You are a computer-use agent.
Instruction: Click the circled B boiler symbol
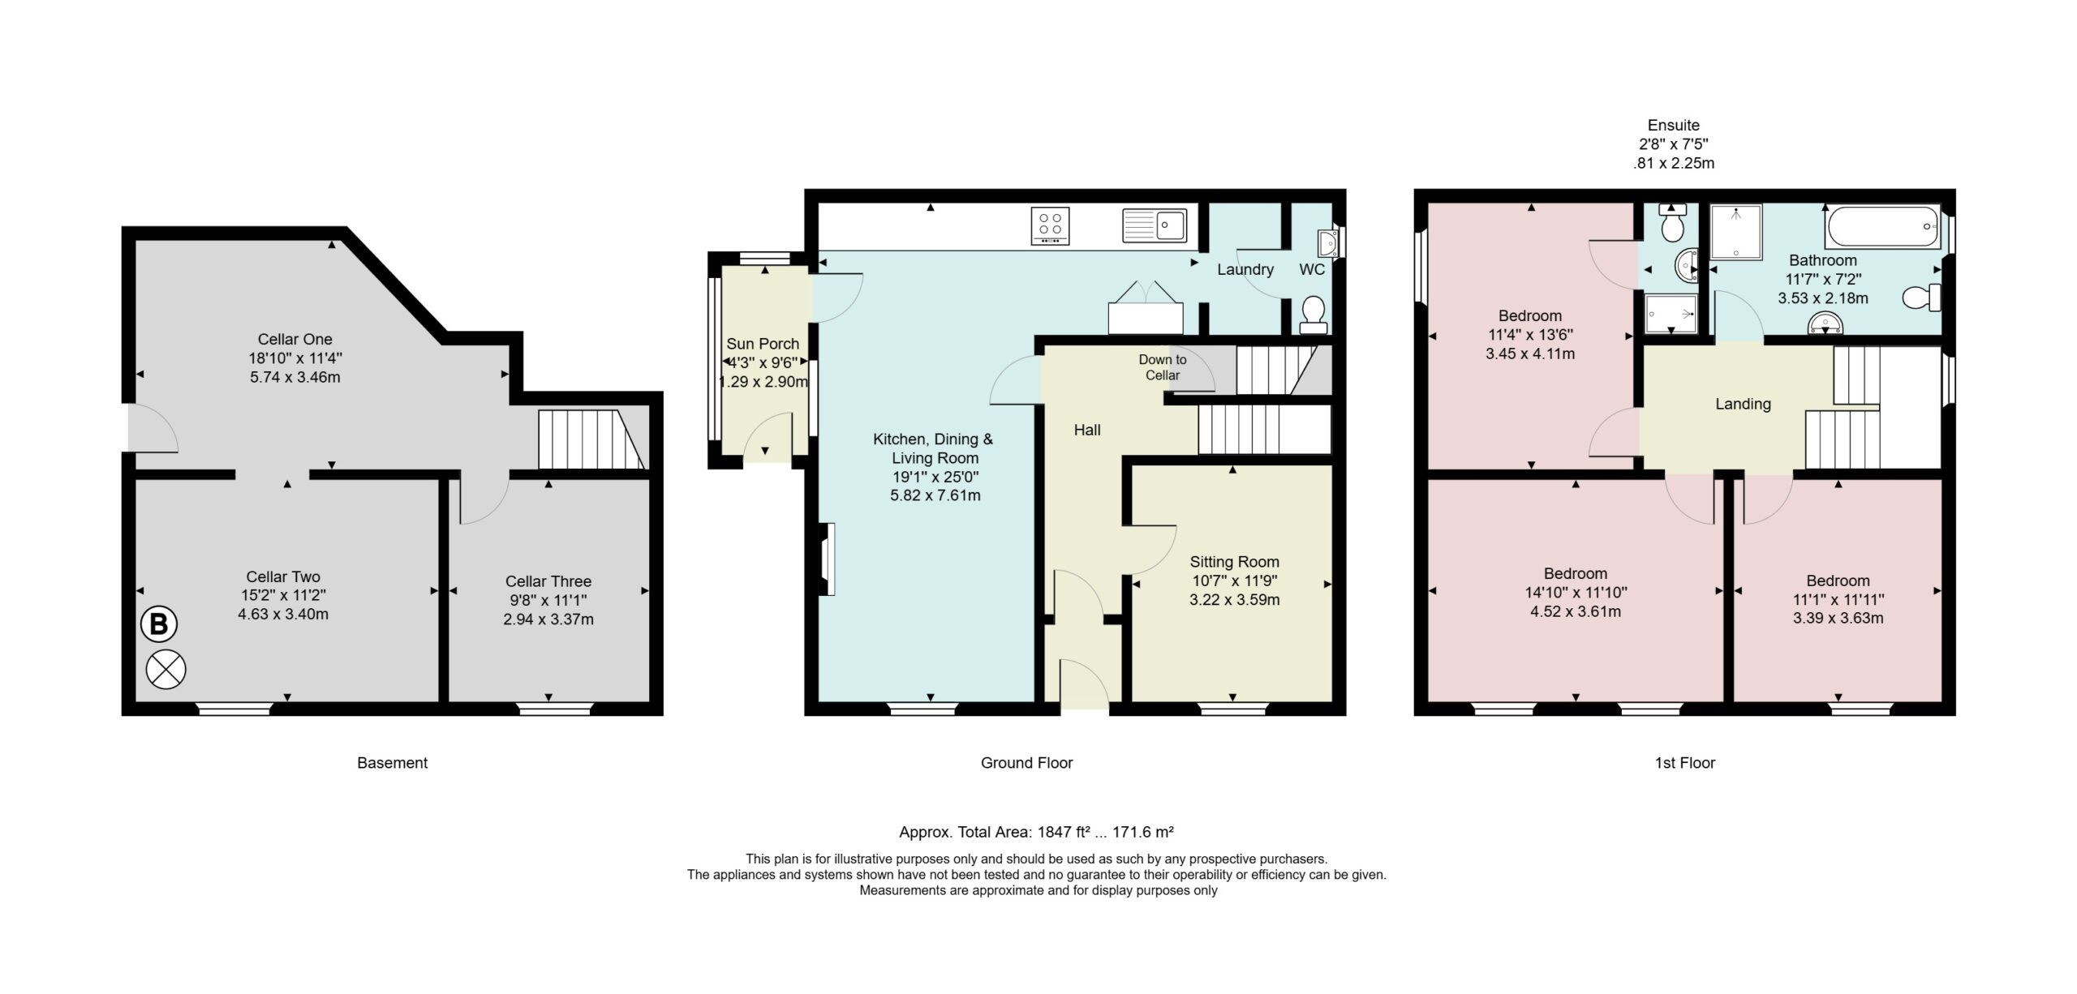[x=159, y=625]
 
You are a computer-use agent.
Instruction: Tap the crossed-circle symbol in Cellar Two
[x=166, y=670]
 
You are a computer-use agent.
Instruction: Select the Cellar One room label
[x=295, y=339]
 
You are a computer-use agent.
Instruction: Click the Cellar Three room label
[x=548, y=581]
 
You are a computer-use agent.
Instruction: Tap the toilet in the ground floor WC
[x=1313, y=315]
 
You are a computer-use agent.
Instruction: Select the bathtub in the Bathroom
[x=1882, y=227]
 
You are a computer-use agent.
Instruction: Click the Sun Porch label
[x=763, y=344]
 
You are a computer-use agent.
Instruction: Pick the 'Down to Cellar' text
[x=1163, y=367]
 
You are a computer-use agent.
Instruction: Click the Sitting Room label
[x=1235, y=562]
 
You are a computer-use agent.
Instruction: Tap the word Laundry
[x=1245, y=269]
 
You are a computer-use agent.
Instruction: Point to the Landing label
[x=1743, y=404]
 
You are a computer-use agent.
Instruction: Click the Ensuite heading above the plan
[x=1674, y=126]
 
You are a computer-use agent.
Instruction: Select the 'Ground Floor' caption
[x=1027, y=763]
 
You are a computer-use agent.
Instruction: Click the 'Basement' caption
[x=392, y=763]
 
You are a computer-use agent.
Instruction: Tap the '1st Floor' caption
[x=1685, y=763]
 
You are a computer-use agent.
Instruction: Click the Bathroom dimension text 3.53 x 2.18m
[x=1823, y=298]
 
